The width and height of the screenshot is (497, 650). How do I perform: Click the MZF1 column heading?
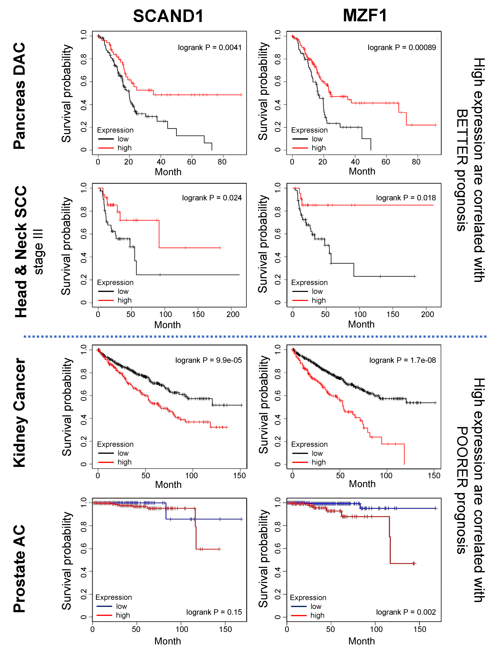point(365,15)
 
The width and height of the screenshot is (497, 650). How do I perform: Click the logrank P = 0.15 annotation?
point(214,612)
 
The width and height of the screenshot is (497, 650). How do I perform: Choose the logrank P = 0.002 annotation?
point(406,612)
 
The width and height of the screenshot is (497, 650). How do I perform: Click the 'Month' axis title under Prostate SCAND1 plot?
point(167,641)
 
